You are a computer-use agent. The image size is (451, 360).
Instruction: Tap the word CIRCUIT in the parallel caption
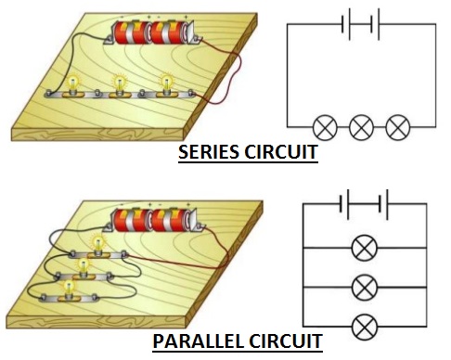[284, 341]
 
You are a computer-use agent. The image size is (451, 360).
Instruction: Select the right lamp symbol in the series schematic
[397, 126]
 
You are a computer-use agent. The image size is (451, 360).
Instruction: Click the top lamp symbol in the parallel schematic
[365, 248]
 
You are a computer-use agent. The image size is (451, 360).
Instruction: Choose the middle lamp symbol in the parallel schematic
[365, 286]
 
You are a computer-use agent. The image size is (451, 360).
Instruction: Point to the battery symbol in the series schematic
[362, 26]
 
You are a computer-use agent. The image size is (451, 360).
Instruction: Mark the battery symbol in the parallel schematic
[364, 202]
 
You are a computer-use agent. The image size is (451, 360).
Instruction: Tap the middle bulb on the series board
[119, 84]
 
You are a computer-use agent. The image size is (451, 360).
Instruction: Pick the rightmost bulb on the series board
[167, 84]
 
